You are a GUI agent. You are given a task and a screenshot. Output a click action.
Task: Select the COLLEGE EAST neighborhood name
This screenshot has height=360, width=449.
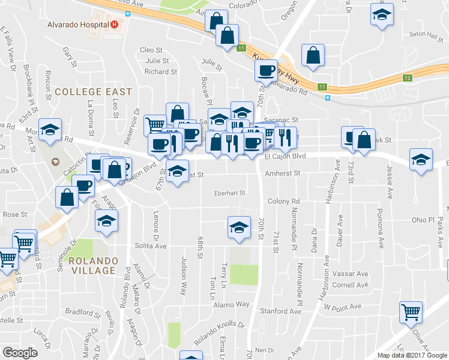coord(93,92)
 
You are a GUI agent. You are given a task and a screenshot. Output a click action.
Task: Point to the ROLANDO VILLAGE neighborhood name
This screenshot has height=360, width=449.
coord(92,266)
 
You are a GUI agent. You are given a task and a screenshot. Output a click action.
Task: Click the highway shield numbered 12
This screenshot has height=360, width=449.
coord(408,78)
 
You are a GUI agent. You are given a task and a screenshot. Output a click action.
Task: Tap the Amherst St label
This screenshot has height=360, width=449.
coord(282,173)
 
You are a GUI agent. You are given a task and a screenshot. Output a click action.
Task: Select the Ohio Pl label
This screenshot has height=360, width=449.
coord(423,220)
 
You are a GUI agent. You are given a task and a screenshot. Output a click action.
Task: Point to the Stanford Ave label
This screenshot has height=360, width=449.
coord(280,311)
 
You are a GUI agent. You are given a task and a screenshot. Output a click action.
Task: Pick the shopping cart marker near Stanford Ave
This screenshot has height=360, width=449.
coord(411,311)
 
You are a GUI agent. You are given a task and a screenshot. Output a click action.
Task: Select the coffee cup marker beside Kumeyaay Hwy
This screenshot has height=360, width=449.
coord(265,70)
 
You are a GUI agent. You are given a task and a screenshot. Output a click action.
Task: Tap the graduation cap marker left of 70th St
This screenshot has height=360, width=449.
coord(239,227)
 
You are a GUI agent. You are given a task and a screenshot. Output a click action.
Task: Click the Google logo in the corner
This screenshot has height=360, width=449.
coord(20,353)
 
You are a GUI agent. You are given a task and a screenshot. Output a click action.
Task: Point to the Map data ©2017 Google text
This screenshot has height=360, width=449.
coord(411,355)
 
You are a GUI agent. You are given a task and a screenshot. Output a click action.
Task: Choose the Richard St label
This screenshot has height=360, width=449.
coord(160,71)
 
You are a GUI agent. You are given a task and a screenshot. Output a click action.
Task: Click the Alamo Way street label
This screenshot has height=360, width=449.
coord(234,304)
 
